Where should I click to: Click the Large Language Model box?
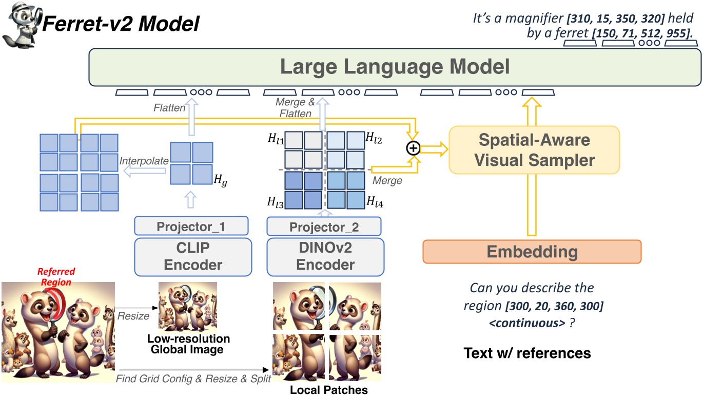pos(395,67)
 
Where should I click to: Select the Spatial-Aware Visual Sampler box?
pos(534,149)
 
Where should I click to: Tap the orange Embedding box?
pos(532,252)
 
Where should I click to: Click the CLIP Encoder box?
pos(193,257)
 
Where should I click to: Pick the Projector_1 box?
pos(191,226)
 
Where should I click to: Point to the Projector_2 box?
pos(324,227)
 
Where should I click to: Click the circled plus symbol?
pos(413,148)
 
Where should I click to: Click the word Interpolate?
pos(144,161)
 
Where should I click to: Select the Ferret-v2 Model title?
pos(121,24)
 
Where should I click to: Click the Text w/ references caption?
pos(527,353)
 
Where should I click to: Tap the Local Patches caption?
pos(329,389)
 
